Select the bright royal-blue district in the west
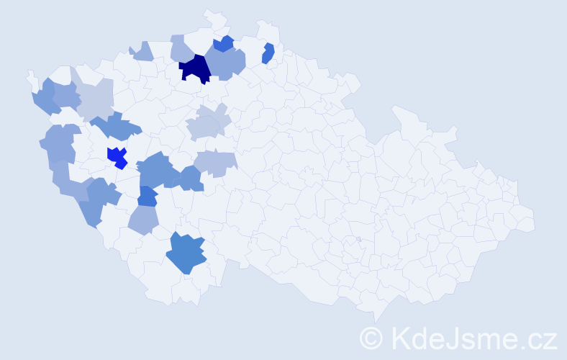117,156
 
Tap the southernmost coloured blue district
186,254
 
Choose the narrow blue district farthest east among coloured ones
268,53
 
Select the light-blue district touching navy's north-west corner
181,49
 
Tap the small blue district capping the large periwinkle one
224,44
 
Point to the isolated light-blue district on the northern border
142,52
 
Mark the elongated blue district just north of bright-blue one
115,128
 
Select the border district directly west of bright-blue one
62,143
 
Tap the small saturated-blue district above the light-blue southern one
148,195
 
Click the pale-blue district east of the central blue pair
216,163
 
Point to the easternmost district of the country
529,220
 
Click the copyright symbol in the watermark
371,338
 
